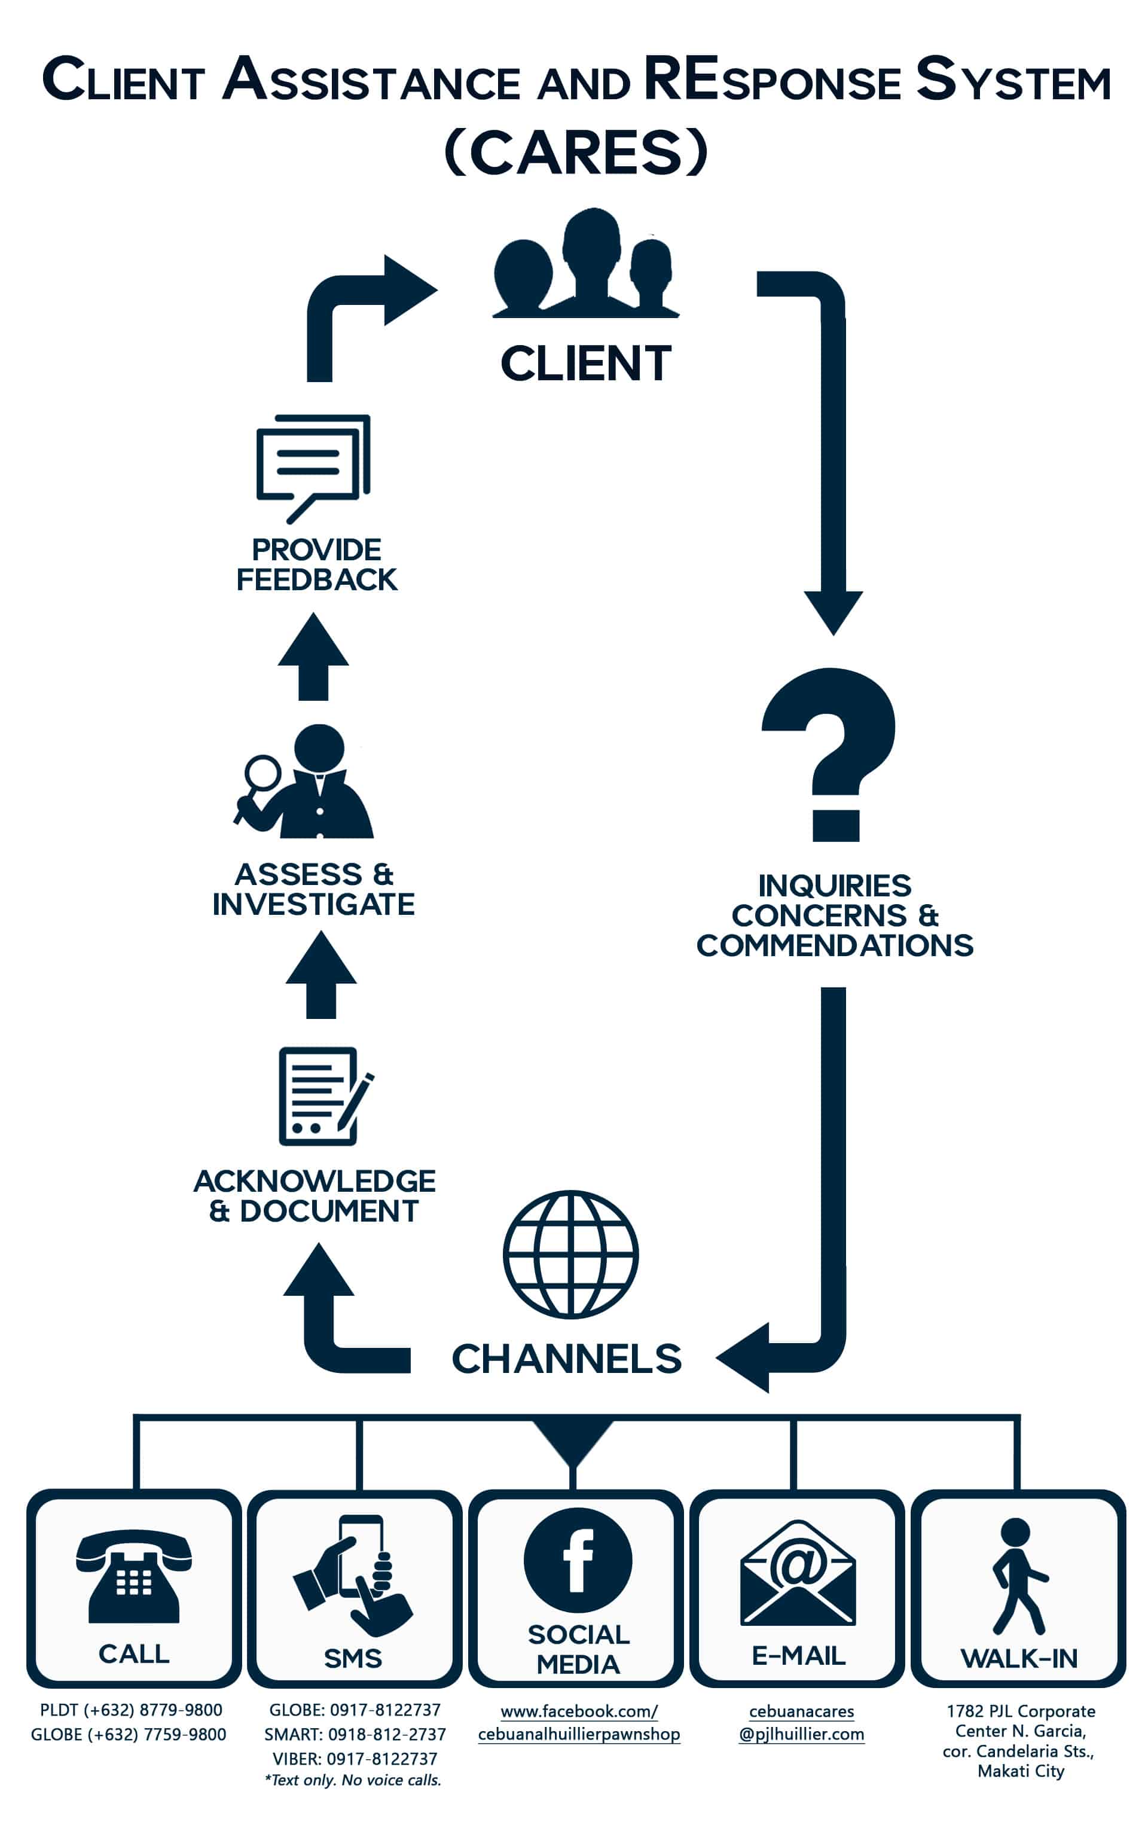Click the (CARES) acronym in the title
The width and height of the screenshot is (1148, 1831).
pyautogui.click(x=576, y=152)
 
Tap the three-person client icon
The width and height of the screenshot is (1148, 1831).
pyautogui.click(x=585, y=266)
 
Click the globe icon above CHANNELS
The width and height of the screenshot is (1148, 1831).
pyautogui.click(x=570, y=1253)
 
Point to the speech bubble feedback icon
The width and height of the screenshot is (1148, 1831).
pyautogui.click(x=312, y=467)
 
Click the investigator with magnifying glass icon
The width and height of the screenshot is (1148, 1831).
pyautogui.click(x=307, y=782)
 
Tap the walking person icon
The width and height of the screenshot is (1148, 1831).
pyautogui.click(x=1018, y=1576)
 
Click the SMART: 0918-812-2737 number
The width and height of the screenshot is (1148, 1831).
pyautogui.click(x=355, y=1734)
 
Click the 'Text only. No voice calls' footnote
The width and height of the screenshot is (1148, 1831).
pyautogui.click(x=353, y=1780)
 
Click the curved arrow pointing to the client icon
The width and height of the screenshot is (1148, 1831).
pyautogui.click(x=365, y=304)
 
